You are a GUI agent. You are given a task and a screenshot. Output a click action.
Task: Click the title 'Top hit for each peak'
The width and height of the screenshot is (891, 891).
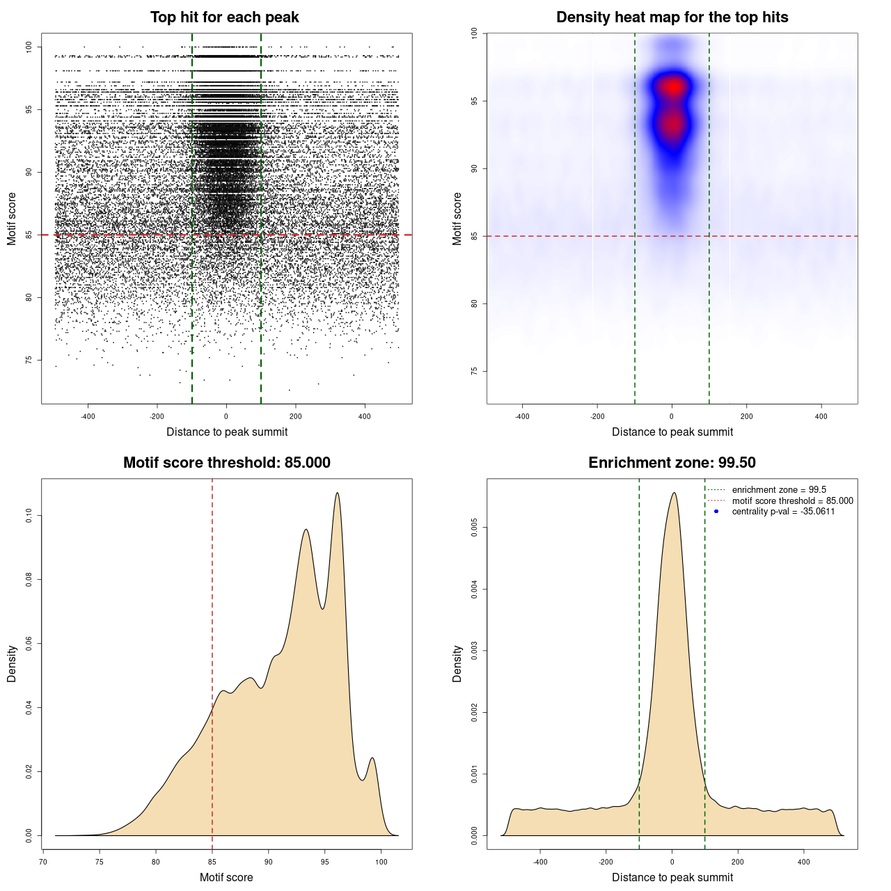click(224, 17)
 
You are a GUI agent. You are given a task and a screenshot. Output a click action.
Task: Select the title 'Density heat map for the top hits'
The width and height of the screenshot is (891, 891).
click(672, 17)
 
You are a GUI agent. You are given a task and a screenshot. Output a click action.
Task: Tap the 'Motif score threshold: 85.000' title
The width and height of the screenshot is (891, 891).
click(226, 463)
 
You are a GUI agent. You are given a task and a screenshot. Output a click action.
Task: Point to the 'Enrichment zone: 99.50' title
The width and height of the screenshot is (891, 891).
click(672, 463)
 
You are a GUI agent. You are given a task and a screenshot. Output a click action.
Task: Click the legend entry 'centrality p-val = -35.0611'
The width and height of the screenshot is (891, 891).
click(783, 512)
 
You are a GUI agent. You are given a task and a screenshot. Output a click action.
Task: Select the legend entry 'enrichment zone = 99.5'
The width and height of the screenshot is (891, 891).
click(779, 490)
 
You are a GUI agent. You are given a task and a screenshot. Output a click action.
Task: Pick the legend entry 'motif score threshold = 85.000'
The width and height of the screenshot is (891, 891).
click(792, 501)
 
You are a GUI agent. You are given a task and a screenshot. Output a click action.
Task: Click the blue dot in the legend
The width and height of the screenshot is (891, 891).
click(716, 512)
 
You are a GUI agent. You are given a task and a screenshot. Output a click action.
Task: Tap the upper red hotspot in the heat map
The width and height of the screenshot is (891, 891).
click(672, 86)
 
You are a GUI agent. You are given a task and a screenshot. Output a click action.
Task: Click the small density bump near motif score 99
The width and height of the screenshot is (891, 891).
click(372, 758)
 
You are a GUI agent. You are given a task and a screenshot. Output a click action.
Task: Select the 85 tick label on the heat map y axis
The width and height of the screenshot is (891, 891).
click(475, 236)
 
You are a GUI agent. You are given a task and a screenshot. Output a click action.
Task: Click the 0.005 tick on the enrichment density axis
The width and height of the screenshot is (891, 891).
click(475, 528)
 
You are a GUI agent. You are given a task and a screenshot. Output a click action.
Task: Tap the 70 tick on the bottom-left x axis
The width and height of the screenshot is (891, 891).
click(43, 862)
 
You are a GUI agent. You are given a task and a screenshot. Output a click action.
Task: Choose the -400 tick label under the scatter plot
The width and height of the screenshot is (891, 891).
click(88, 416)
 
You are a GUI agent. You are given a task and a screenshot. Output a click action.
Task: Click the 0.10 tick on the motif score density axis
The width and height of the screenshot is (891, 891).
click(29, 516)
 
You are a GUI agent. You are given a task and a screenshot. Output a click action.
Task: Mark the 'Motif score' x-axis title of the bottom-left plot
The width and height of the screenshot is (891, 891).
click(226, 877)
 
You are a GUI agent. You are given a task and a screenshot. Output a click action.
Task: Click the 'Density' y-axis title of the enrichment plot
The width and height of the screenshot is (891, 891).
click(457, 663)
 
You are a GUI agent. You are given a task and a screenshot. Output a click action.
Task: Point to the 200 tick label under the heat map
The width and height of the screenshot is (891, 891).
click(746, 416)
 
